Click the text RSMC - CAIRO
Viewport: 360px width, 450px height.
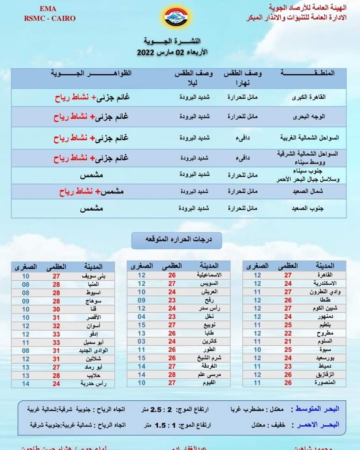click(50, 18)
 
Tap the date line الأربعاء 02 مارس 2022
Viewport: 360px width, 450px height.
click(169, 53)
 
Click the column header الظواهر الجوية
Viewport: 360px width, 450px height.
click(92, 73)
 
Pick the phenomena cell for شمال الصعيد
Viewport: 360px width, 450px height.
click(91, 191)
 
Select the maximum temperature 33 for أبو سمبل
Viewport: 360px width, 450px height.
click(56, 343)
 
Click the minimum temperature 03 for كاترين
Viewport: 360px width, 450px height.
click(142, 342)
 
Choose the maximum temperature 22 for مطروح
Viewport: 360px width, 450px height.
click(288, 333)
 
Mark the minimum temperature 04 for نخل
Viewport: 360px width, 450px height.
click(142, 317)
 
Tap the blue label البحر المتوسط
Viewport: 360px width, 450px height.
click(318, 409)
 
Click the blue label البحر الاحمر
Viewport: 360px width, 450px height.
click(318, 425)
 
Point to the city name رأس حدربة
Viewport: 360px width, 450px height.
click(91, 384)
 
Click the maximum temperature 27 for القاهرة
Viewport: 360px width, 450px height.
click(288, 275)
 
